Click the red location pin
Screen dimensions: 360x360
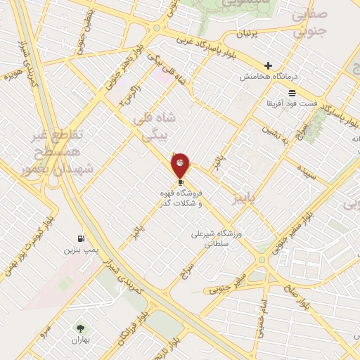pos(181,165)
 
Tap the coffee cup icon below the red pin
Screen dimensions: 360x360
pos(181,182)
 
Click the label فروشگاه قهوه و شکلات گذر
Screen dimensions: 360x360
pos(181,198)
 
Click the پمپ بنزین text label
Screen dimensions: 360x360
pos(79,250)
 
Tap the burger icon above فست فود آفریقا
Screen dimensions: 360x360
pos(292,93)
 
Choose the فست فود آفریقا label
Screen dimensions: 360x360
pos(292,103)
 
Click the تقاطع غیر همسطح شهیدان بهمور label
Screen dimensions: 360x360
pos(59,150)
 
